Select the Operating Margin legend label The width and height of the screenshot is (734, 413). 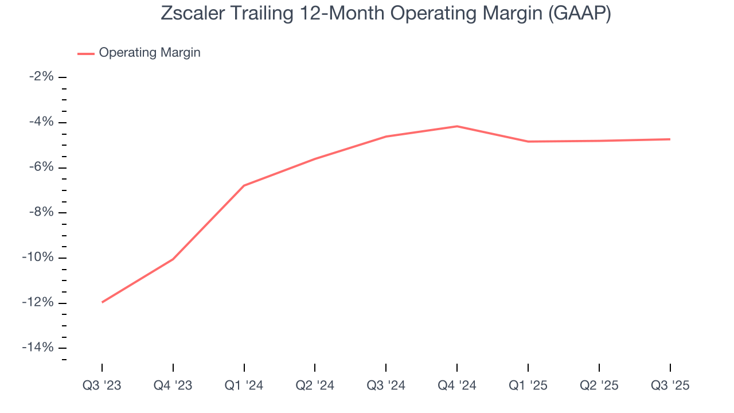[x=150, y=53]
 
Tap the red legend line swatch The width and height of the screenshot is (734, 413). [x=86, y=53]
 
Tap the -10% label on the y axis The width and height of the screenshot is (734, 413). [x=38, y=258]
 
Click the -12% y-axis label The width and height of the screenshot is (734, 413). [x=38, y=303]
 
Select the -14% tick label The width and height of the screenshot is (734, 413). [x=38, y=348]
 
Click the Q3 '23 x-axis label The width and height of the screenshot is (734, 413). [x=102, y=385]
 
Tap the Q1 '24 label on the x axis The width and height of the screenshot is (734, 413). [x=244, y=385]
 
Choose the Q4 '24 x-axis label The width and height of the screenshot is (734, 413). [x=457, y=385]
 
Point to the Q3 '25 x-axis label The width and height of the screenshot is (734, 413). [x=670, y=385]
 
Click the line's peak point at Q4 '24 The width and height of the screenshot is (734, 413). [x=457, y=126]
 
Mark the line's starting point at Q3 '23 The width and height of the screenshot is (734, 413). [x=102, y=302]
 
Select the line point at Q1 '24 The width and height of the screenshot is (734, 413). [x=244, y=185]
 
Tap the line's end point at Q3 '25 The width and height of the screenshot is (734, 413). [x=670, y=139]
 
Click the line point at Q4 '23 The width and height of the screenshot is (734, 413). [x=173, y=259]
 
